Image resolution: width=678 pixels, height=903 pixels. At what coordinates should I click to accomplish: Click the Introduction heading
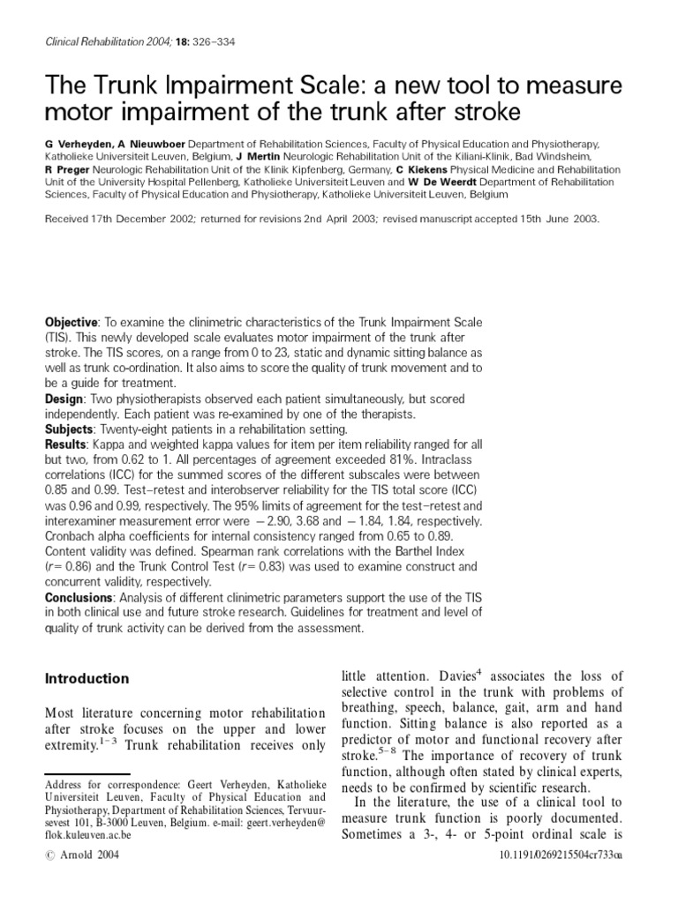[87, 679]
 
